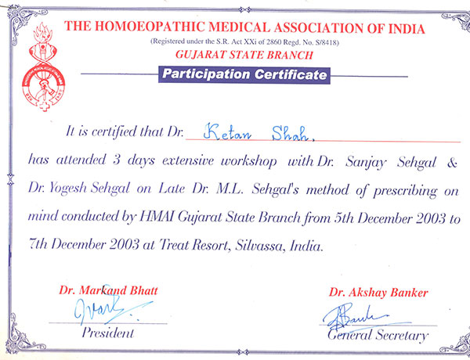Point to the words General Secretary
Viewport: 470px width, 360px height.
tap(378, 336)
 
